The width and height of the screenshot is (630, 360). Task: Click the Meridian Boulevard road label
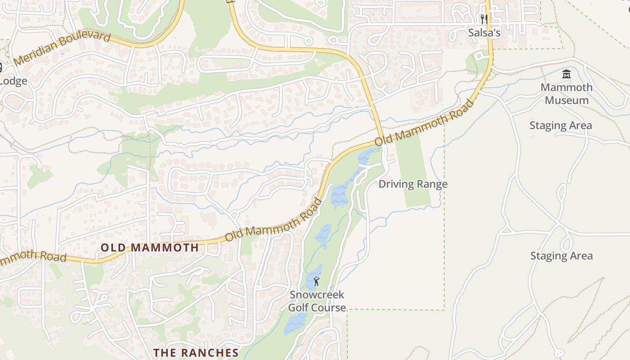pyautogui.click(x=62, y=48)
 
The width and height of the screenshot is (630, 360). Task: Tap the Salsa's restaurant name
pyautogui.click(x=484, y=33)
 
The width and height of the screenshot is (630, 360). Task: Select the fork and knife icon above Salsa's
pyautogui.click(x=484, y=19)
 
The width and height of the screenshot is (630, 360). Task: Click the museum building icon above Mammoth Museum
pyautogui.click(x=567, y=74)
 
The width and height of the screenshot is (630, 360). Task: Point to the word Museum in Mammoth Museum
pyautogui.click(x=567, y=100)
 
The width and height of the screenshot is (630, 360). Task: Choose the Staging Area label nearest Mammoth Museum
pyautogui.click(x=560, y=126)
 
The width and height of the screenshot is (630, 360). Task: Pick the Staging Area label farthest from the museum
pyautogui.click(x=561, y=256)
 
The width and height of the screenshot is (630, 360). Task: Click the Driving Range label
pyautogui.click(x=413, y=184)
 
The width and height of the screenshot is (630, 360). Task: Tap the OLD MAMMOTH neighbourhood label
pyautogui.click(x=149, y=247)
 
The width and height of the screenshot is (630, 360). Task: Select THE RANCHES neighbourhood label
pyautogui.click(x=196, y=353)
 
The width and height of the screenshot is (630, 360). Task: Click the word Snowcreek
pyautogui.click(x=317, y=295)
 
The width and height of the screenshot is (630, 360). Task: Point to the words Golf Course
pyautogui.click(x=317, y=308)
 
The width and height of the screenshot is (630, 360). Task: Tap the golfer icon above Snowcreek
pyautogui.click(x=316, y=282)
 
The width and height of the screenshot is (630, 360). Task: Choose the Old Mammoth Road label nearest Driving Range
pyautogui.click(x=424, y=123)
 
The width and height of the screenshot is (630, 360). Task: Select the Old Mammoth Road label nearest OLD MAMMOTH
pyautogui.click(x=274, y=220)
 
